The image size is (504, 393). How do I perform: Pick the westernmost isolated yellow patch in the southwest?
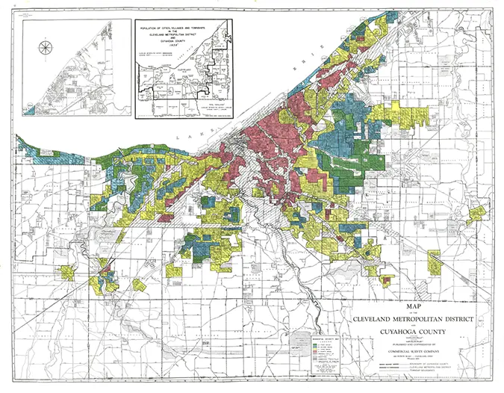(x=68, y=270)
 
